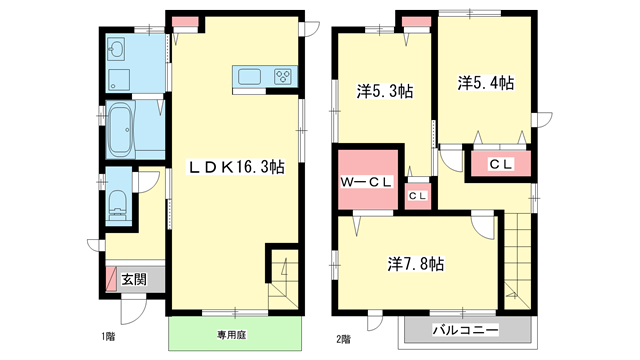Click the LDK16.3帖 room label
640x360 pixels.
[237, 168]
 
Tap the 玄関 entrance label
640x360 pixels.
[133, 279]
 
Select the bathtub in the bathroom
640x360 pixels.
[118, 129]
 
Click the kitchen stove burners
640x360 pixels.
[282, 76]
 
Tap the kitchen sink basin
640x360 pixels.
[248, 76]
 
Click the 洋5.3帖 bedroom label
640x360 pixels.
[385, 91]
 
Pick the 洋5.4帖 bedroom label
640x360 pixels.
[486, 83]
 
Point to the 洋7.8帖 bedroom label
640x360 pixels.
[417, 264]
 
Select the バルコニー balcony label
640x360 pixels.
[464, 329]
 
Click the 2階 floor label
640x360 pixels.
[344, 338]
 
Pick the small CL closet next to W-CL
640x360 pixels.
[417, 196]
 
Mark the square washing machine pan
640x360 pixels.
[116, 79]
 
